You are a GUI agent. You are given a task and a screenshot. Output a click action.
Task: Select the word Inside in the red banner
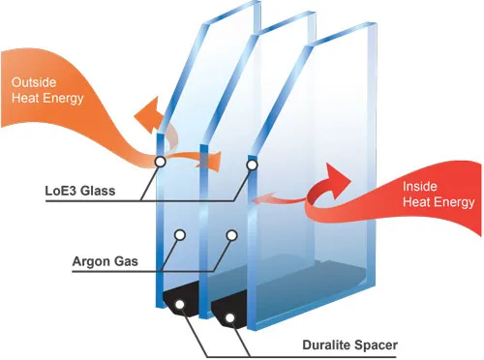(418, 185)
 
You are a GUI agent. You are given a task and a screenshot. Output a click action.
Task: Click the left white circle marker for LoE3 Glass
(159, 163)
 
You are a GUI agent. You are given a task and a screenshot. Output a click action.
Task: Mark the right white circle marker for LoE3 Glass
(252, 165)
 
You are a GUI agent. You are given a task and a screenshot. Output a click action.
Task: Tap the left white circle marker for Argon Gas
(180, 235)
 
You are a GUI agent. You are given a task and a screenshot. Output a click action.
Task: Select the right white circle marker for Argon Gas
(232, 235)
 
